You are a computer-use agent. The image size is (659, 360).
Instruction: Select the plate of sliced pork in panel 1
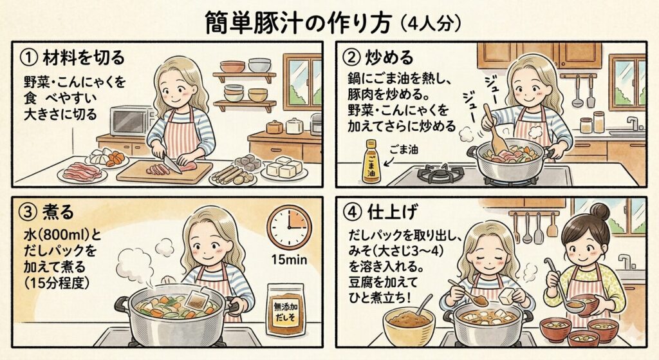tap(82, 173)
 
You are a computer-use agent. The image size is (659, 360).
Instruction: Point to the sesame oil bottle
tap(372, 162)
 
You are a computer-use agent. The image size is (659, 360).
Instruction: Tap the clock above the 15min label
tap(289, 227)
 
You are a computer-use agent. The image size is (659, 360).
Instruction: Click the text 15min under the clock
tap(289, 260)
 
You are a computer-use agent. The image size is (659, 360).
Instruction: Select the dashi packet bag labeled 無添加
tap(286, 309)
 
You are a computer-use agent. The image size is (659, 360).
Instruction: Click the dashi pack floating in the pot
tap(196, 299)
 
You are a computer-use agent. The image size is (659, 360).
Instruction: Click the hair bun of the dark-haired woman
tap(599, 211)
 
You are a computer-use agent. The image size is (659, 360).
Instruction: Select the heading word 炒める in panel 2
tap(389, 57)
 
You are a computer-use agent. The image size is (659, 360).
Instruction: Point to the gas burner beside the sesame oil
tap(440, 174)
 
